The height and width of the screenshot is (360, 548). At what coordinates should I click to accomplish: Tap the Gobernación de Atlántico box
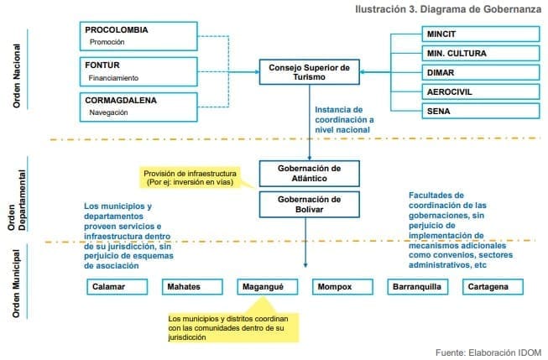(x=309, y=174)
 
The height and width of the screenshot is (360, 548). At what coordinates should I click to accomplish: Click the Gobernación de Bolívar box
(x=309, y=204)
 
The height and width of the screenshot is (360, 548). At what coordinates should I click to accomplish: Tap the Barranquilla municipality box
(x=413, y=287)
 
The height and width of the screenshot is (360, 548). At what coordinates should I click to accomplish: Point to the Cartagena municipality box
(x=488, y=287)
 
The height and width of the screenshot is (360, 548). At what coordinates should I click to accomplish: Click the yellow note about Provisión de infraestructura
(x=190, y=177)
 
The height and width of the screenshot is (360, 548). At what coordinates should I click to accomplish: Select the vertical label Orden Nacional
(x=17, y=76)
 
